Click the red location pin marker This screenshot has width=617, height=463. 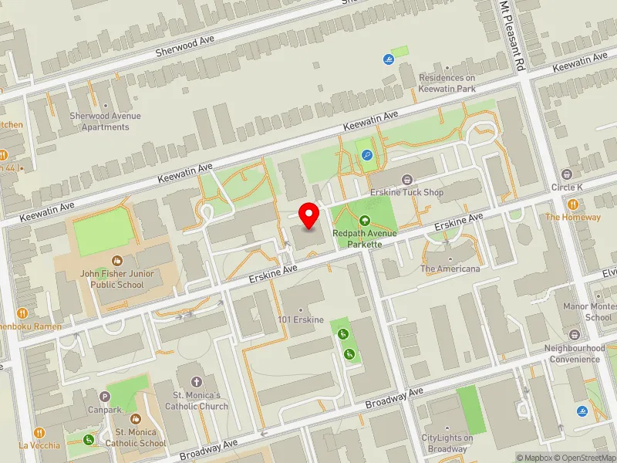pos(309,216)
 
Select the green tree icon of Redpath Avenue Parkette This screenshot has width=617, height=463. pos(365,221)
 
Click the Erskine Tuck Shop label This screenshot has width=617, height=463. pos(406,192)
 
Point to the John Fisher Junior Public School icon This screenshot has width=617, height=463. pos(116,261)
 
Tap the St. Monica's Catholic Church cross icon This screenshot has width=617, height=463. pos(196,382)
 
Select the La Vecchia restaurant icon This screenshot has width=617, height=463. pos(39,433)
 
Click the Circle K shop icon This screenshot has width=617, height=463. pos(568,174)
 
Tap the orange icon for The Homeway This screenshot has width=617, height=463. pos(573,204)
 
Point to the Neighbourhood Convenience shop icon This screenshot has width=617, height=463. pos(575,336)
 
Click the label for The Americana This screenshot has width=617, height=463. pos(450,269)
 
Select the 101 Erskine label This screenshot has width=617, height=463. pos(302,319)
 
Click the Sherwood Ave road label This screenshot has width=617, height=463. pos(184,45)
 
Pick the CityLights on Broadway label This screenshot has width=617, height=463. pos(447,444)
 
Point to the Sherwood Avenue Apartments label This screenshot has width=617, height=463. pos(105,121)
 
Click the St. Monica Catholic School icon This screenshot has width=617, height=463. pos(136,421)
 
